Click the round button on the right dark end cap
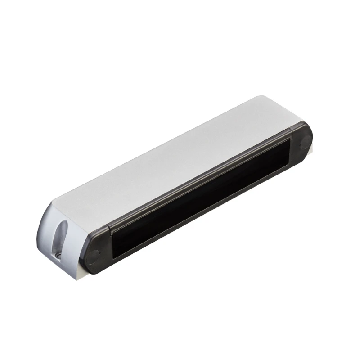(305, 140)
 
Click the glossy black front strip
(198, 198)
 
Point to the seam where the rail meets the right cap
(292, 128)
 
